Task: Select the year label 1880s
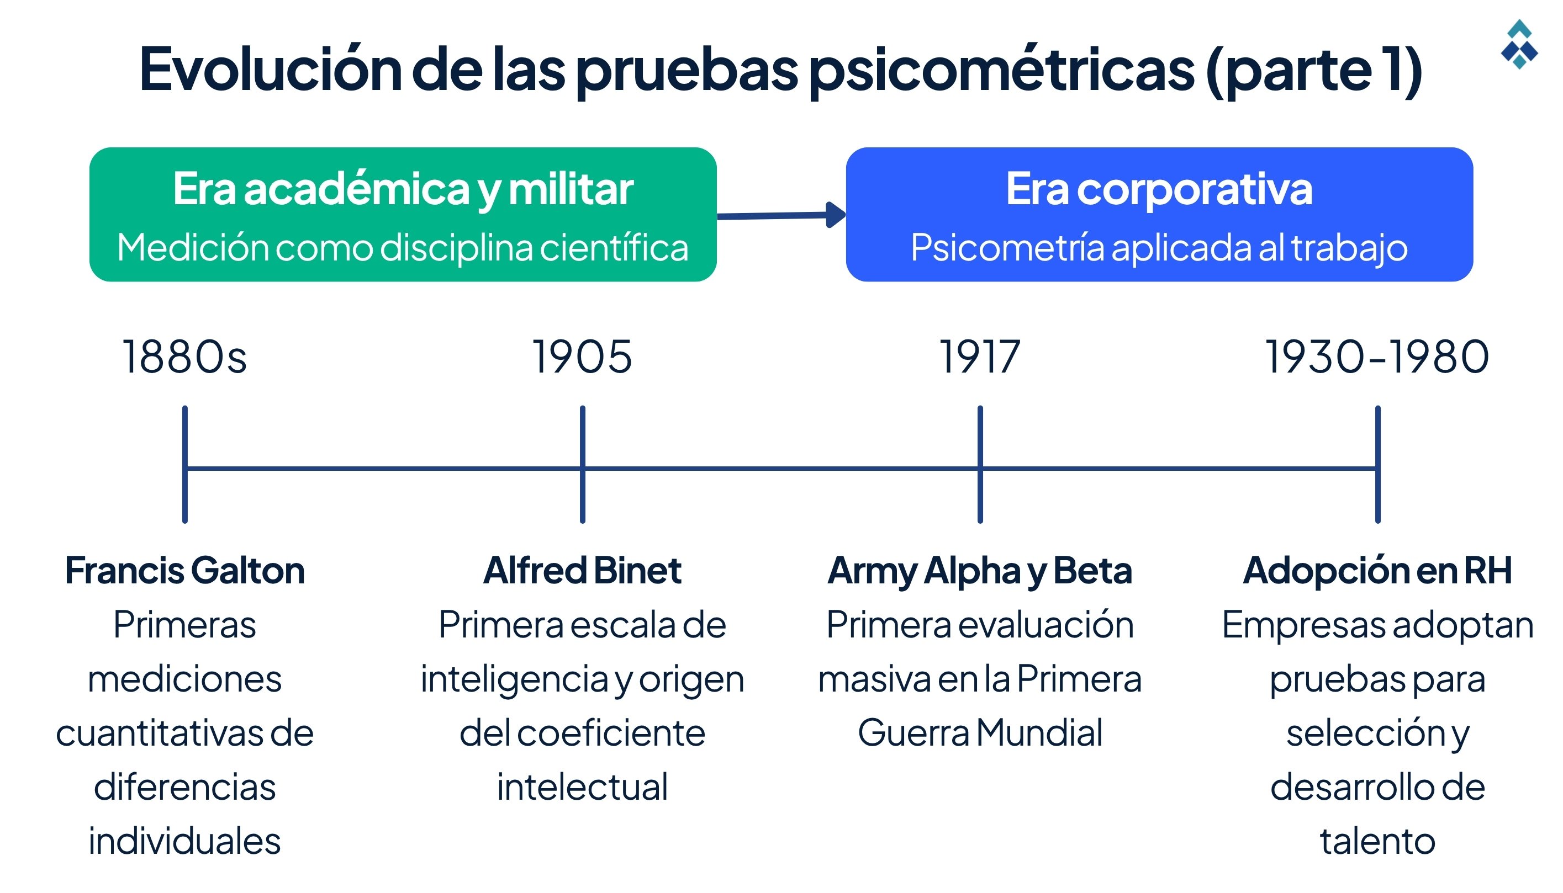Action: (x=184, y=357)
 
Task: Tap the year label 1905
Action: (x=582, y=357)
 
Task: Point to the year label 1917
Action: (x=979, y=357)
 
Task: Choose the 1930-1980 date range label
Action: (x=1377, y=357)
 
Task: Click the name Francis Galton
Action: (x=184, y=570)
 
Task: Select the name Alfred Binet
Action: (x=582, y=570)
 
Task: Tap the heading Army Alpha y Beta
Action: (x=979, y=570)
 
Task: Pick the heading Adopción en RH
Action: (x=1377, y=570)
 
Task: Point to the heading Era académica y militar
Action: (x=403, y=189)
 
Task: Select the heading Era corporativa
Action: (x=1159, y=189)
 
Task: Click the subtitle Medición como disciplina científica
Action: (x=403, y=248)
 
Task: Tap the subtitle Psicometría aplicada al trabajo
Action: (x=1159, y=248)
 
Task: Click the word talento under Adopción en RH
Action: (x=1377, y=841)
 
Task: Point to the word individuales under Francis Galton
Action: (x=184, y=841)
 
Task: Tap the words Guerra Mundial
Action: (x=979, y=733)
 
